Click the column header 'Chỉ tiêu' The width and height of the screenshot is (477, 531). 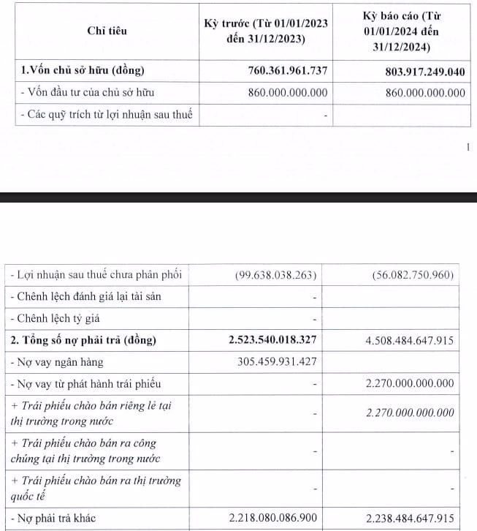pyautogui.click(x=107, y=31)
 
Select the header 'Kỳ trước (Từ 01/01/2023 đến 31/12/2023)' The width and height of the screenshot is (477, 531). pyautogui.click(x=266, y=31)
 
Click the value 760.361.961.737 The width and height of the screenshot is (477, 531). pyautogui.click(x=280, y=71)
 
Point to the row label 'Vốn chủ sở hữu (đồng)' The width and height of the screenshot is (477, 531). pyautogui.click(x=84, y=71)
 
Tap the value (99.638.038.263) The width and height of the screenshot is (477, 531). pyautogui.click(x=274, y=275)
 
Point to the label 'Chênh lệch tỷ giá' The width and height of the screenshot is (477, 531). pyautogui.click(x=64, y=319)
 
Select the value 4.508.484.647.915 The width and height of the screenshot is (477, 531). pyautogui.click(x=405, y=341)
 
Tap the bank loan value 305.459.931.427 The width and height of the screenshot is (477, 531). pyautogui.click(x=275, y=362)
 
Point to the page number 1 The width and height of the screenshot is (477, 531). pyautogui.click(x=467, y=147)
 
